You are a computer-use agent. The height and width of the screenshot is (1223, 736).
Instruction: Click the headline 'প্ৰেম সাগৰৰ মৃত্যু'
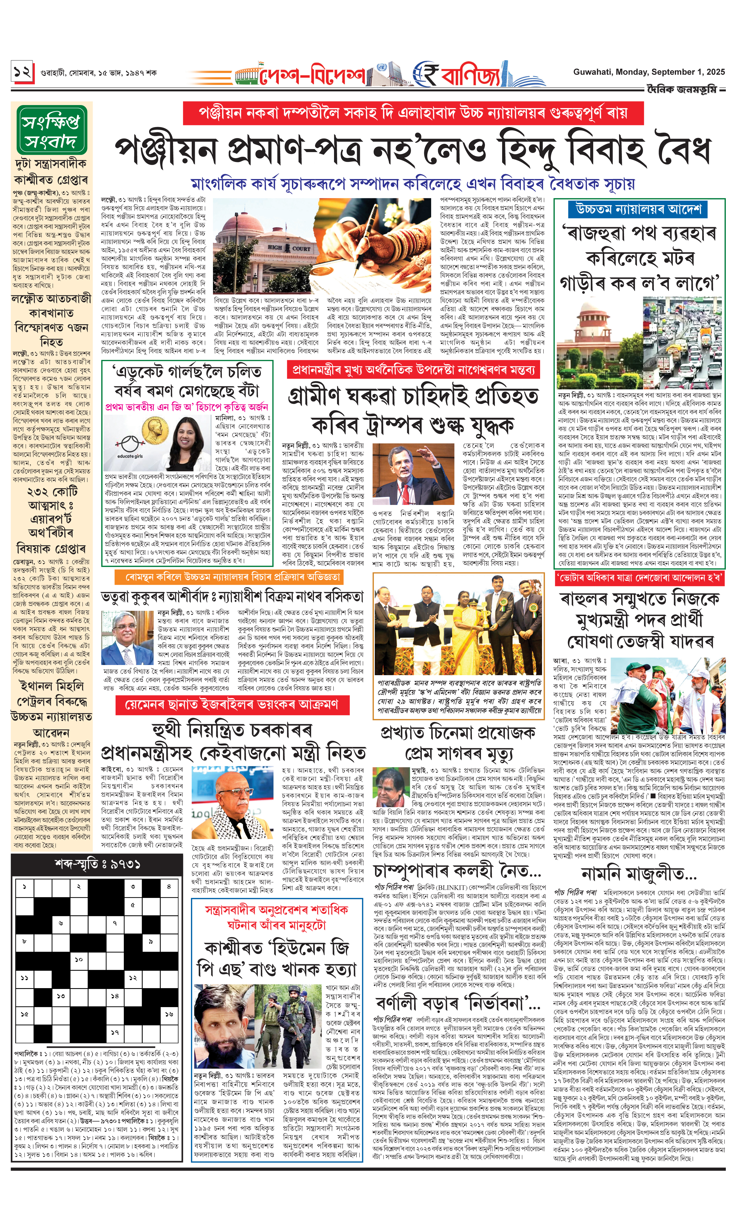pyautogui.click(x=459, y=754)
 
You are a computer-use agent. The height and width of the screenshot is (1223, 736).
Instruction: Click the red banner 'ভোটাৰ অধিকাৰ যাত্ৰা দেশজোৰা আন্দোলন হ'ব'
pyautogui.click(x=639, y=578)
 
